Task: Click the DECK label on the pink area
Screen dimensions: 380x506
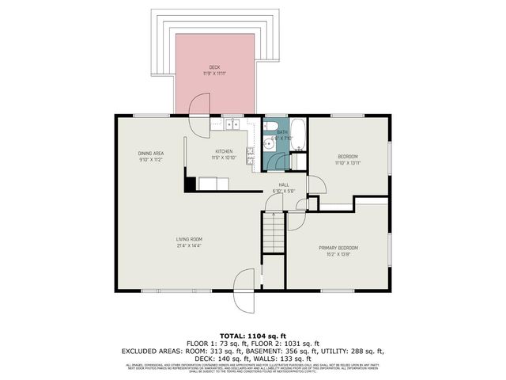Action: pos(214,67)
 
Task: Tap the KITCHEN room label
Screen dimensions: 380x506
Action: pos(225,151)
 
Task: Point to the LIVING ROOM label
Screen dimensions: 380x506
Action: pos(190,239)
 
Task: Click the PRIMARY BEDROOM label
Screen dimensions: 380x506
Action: pos(338,248)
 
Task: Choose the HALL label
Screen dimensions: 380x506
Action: pos(283,184)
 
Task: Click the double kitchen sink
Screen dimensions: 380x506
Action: pos(232,124)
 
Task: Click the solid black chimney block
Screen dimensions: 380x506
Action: pos(190,184)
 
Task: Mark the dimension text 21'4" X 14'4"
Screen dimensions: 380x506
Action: pos(190,246)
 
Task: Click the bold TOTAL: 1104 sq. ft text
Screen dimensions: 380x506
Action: pos(252,336)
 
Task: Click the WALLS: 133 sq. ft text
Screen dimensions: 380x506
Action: pos(292,357)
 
